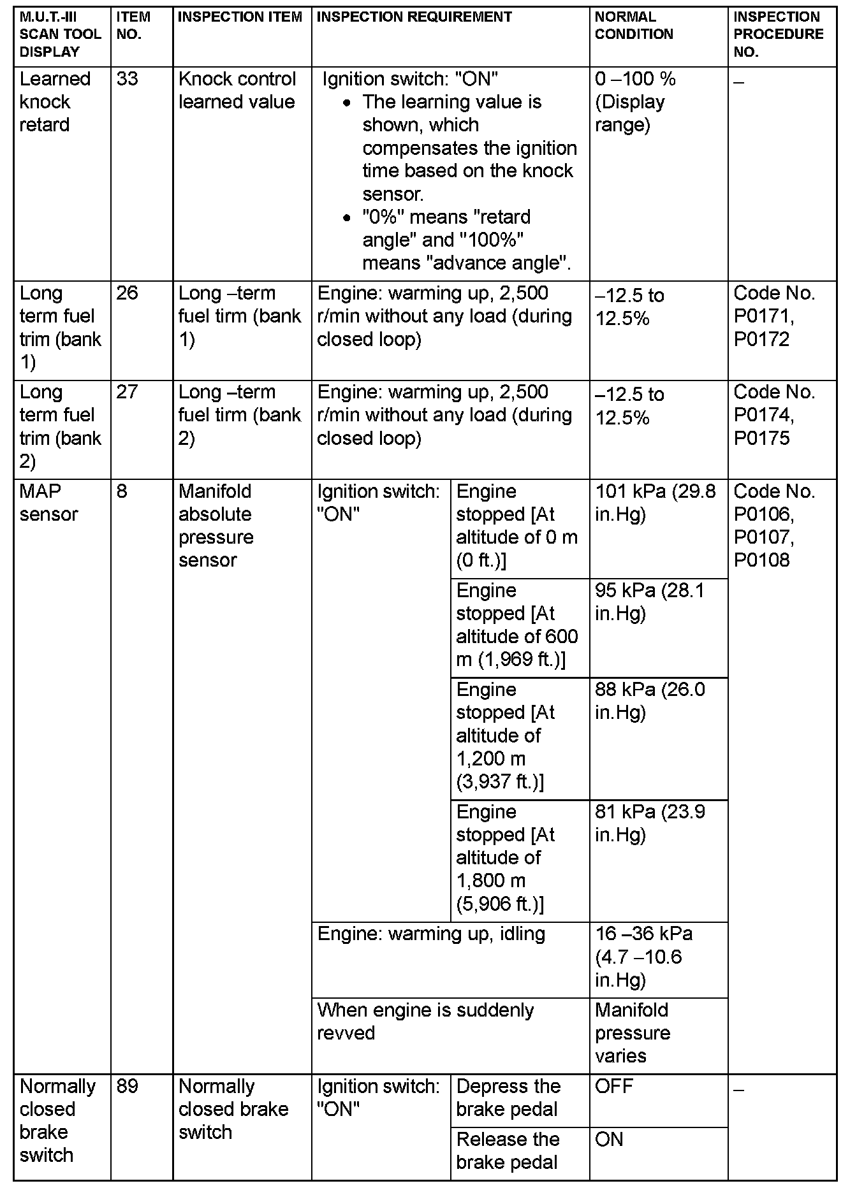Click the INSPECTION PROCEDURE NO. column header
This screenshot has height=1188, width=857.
pos(779,34)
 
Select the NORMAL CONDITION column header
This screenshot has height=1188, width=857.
pos(634,26)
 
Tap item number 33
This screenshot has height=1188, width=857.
pos(128,79)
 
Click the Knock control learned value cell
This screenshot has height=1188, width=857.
pos(237,91)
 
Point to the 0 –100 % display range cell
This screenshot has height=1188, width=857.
pos(634,102)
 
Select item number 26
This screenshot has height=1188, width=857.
pos(128,293)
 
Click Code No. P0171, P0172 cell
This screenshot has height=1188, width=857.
pos(774,316)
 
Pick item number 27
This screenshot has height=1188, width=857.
pos(128,392)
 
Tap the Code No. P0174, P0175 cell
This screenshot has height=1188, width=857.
pos(774,415)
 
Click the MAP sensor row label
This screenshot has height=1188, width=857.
pos(49,503)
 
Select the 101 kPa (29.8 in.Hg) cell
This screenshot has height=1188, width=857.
pos(656,503)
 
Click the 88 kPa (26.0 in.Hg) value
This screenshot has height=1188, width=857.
pos(650,701)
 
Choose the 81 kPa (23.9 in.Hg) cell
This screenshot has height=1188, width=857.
pos(650,823)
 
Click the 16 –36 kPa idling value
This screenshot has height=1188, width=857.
pos(643,957)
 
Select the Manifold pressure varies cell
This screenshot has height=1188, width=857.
pos(632,1032)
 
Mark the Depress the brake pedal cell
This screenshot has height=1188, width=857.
pos(508,1097)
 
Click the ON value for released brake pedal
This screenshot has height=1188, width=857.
pos(609,1140)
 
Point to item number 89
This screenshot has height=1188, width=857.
pos(128,1087)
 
